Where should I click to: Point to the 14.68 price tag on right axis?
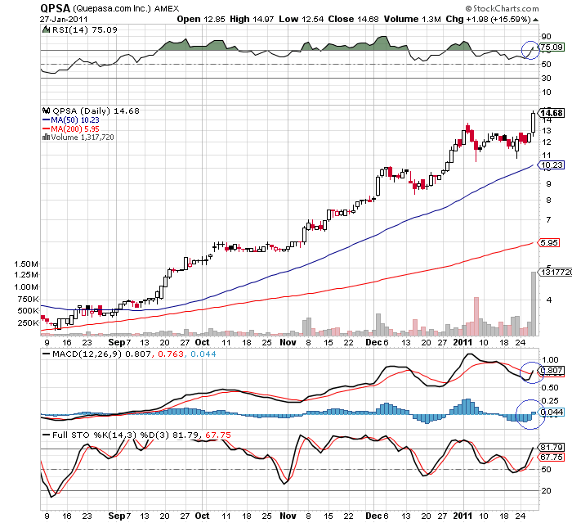[x=552, y=113]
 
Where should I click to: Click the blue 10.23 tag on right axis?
[x=552, y=165]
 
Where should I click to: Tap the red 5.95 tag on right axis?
[x=549, y=243]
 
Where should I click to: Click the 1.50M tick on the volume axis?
[x=26, y=264]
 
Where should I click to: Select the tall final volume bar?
[x=534, y=304]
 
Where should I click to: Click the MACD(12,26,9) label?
[x=78, y=354]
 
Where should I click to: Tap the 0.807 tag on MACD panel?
[x=550, y=370]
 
